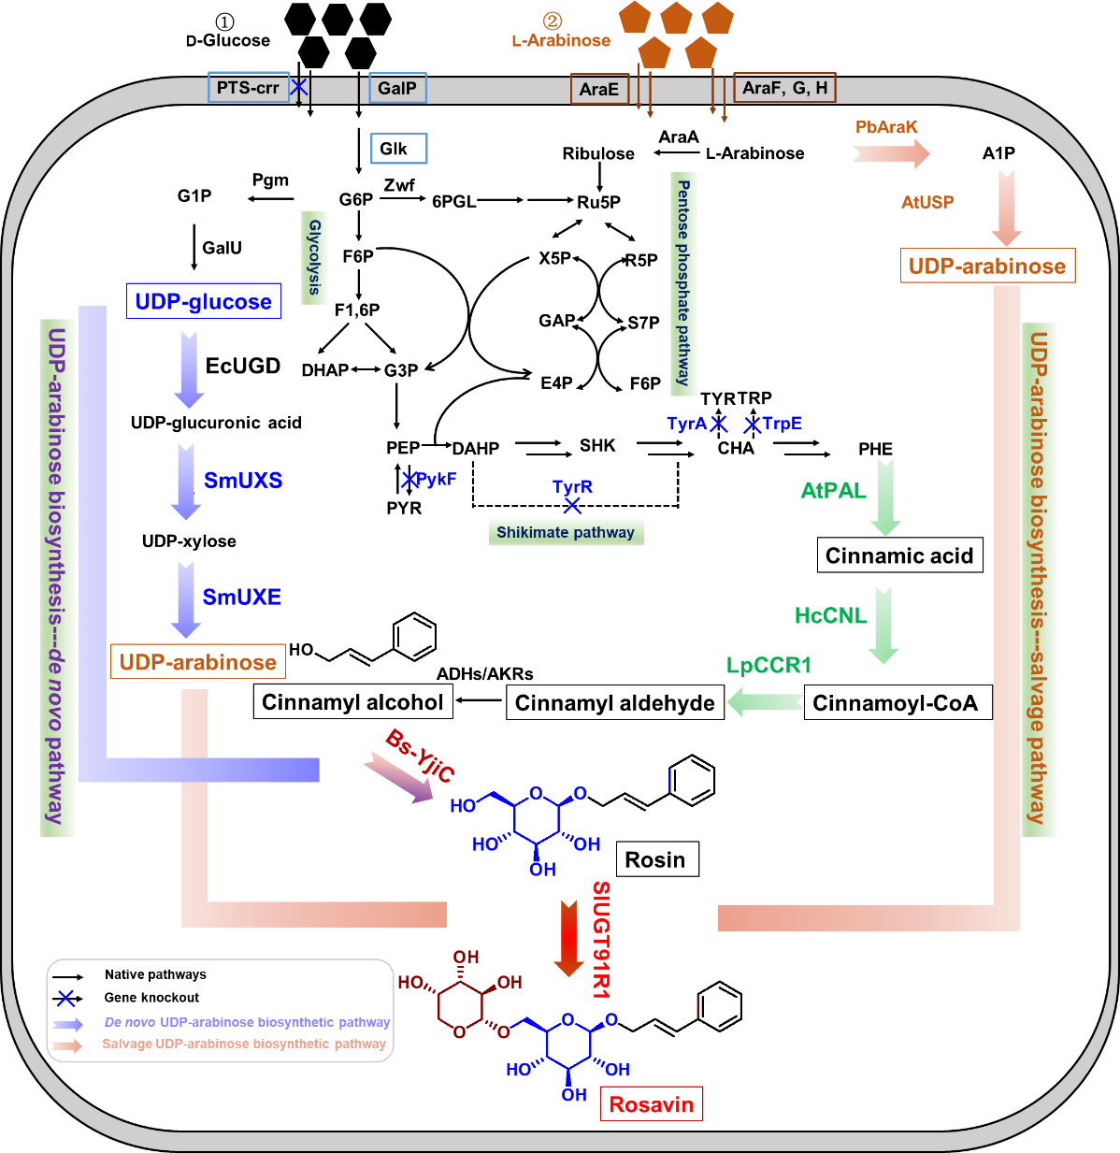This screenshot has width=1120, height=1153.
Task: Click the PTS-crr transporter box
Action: [x=248, y=88]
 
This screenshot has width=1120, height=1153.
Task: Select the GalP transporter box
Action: [x=397, y=88]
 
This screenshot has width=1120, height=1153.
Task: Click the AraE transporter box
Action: [x=598, y=89]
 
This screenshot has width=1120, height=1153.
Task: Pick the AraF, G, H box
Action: [x=784, y=88]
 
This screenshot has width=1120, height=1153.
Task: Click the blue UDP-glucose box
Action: [x=203, y=301]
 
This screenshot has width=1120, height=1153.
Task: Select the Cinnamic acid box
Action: [x=899, y=555]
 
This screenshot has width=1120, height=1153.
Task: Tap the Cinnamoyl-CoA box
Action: [x=896, y=703]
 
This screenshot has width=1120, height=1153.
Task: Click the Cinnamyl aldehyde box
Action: [x=614, y=703]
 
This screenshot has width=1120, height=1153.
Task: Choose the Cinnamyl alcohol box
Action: [x=352, y=702]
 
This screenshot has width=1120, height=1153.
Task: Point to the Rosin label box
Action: [x=655, y=859]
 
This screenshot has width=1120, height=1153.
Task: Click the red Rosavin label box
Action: [x=652, y=1104]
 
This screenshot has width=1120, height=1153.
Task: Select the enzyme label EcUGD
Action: [x=243, y=366]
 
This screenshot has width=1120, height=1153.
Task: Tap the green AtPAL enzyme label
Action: [x=833, y=491]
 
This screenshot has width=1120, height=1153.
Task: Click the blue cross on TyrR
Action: [x=572, y=506]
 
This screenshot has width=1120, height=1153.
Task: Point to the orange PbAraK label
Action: [x=886, y=127]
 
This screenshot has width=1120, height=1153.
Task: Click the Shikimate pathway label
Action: [x=566, y=532]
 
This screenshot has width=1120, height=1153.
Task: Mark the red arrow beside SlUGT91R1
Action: [x=568, y=938]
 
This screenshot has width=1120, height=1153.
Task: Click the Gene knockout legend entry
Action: [x=151, y=998]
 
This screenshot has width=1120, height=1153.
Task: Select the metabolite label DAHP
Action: [x=476, y=449]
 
